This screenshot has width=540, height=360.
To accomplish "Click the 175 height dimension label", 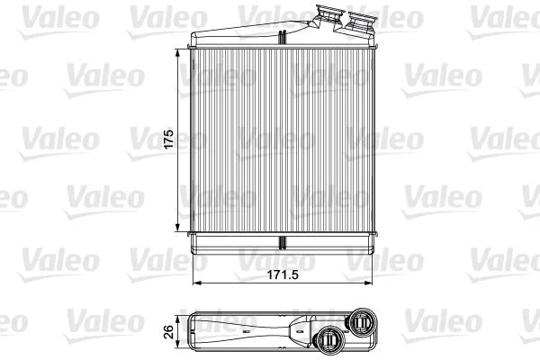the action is coord(169,139).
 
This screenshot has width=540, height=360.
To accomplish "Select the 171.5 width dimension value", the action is coord(283,274).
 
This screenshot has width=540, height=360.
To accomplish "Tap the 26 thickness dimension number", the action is coord(169,332).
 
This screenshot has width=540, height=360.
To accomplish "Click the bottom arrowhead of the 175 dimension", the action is coord(177,228).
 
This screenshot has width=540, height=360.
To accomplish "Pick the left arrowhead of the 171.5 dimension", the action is coord(196,283).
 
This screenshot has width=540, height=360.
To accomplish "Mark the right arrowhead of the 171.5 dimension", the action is coord(368,283).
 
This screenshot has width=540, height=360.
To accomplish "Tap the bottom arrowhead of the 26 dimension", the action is coord(177,343).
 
